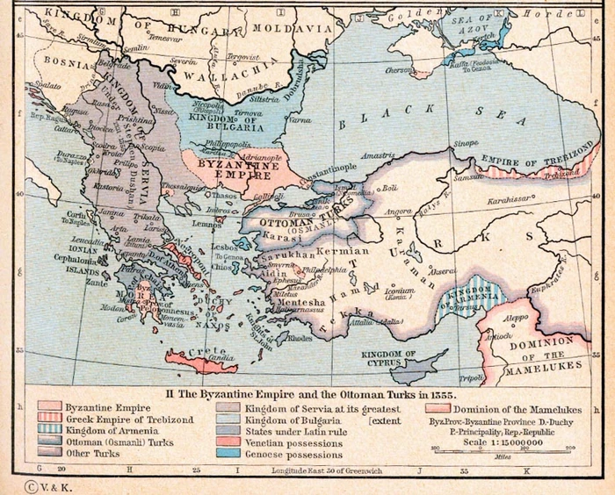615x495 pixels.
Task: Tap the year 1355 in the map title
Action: [x=442, y=397]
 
